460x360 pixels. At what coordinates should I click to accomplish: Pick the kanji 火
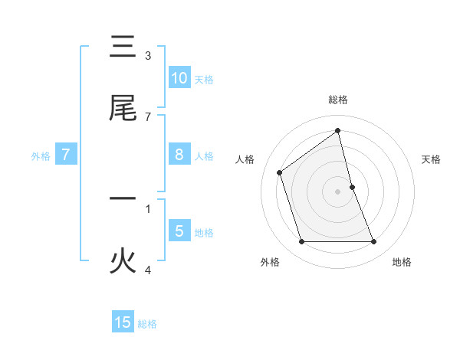coord(123,261)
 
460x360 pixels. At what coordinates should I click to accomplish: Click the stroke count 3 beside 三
coord(148,55)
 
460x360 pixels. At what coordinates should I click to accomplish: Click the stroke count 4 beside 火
coord(148,269)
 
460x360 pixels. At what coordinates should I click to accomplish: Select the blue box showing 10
coord(179,78)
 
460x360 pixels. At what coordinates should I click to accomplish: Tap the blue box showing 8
coord(179,155)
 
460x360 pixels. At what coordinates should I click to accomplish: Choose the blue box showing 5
coord(179,231)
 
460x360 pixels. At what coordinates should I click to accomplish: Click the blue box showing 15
coord(123,322)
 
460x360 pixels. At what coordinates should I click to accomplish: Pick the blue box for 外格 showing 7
coord(66,155)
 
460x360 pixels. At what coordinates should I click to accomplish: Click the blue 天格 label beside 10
coord(204,79)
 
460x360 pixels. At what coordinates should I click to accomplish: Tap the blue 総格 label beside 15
coord(147,324)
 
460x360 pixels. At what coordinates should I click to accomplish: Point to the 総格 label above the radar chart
coord(338,100)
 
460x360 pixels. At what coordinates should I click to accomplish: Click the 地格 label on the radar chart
coord(402,262)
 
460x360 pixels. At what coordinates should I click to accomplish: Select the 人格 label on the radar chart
coord(245,159)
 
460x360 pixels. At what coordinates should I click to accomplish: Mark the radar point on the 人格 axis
coord(280,172)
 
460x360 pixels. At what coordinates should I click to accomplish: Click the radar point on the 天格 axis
coord(352,187)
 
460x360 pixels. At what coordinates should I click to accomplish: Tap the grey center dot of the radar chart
coord(338,191)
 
